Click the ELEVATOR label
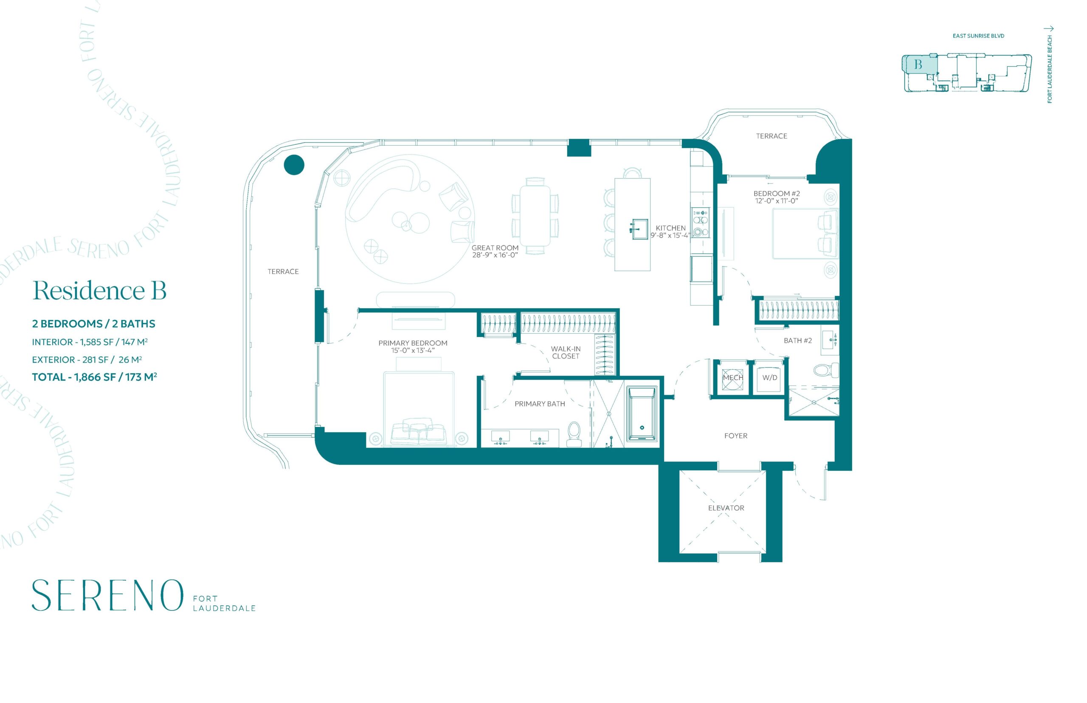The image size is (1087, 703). tap(726, 508)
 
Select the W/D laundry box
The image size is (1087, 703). tap(769, 377)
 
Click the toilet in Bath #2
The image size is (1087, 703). tap(826, 370)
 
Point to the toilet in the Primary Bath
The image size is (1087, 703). tap(573, 434)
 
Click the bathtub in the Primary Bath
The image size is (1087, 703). tap(642, 414)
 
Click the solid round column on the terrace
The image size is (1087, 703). tap(294, 165)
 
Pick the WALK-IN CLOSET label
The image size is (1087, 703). tap(566, 352)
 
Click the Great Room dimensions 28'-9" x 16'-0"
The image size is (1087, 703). tap(495, 255)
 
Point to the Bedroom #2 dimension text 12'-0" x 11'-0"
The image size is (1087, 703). tap(777, 200)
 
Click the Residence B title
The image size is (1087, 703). tap(99, 290)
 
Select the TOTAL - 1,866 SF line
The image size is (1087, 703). tap(95, 377)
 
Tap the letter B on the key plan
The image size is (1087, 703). tap(918, 65)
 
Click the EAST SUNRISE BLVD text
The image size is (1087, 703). tap(978, 36)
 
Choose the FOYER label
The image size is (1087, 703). tap(735, 436)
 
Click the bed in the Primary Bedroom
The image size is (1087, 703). tap(419, 408)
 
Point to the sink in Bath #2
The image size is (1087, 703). tap(831, 340)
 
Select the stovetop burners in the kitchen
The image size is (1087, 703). tap(700, 222)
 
